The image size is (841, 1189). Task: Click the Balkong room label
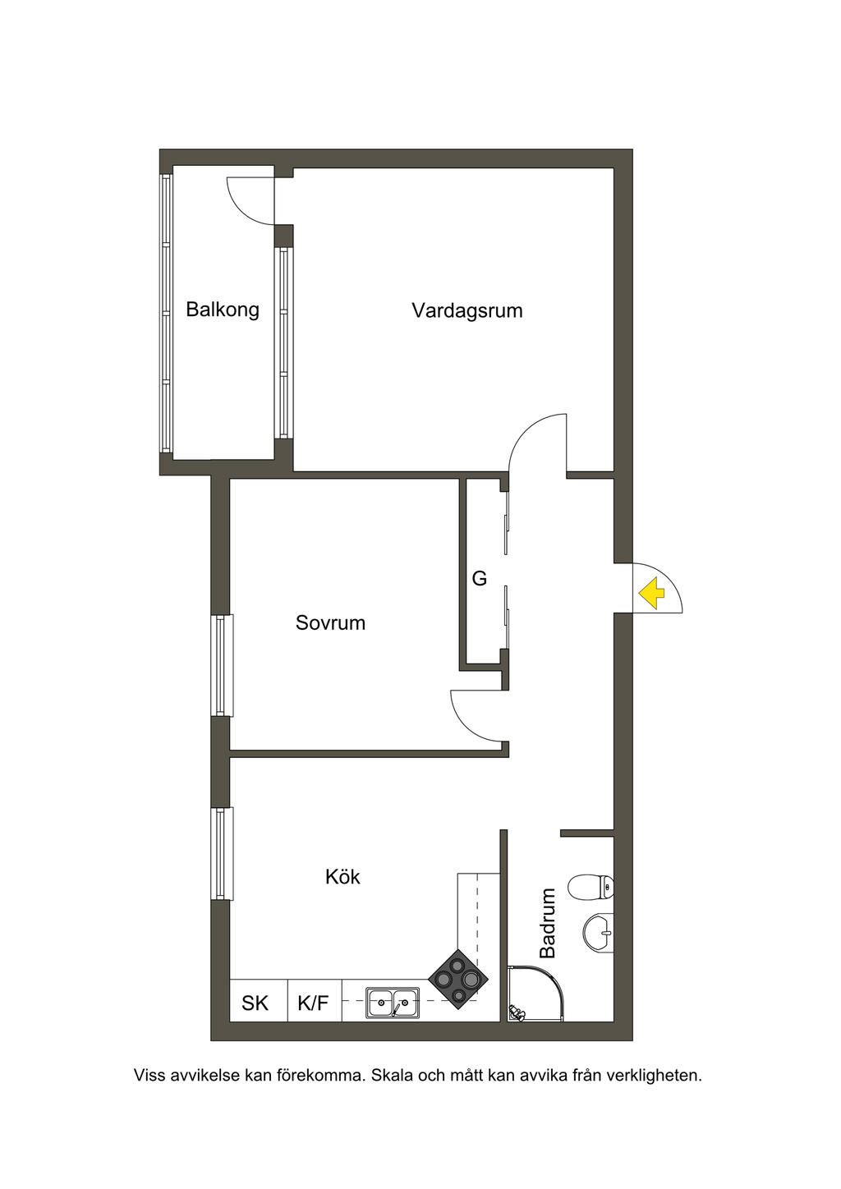(x=222, y=310)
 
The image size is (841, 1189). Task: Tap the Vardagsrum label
(x=466, y=310)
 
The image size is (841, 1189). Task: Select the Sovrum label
(x=330, y=622)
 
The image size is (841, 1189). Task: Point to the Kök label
(x=342, y=877)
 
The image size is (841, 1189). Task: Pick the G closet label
(x=479, y=579)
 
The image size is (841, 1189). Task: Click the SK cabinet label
(x=255, y=1003)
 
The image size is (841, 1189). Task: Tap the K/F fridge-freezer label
(x=313, y=1003)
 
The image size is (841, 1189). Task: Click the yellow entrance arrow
(x=652, y=593)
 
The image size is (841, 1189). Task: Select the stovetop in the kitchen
(x=458, y=979)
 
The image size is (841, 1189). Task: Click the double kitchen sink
(x=393, y=1003)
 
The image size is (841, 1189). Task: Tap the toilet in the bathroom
(x=591, y=886)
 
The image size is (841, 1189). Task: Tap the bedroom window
(x=222, y=665)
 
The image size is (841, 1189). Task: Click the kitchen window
(x=222, y=853)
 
